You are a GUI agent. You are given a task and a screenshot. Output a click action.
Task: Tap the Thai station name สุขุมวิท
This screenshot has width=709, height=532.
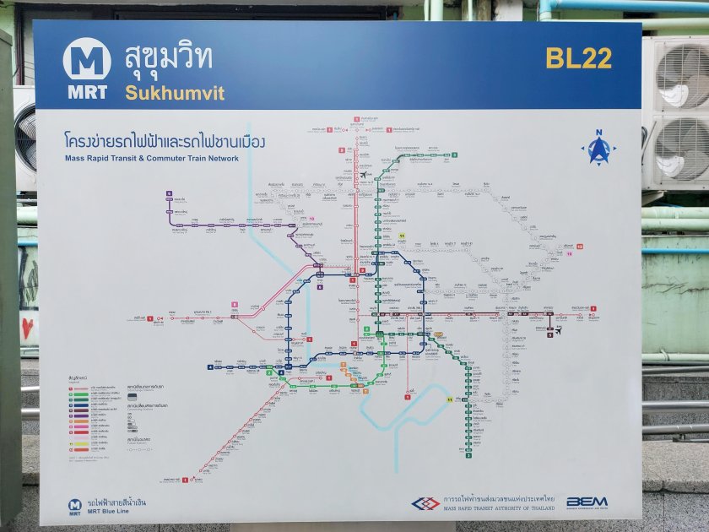(x=169, y=58)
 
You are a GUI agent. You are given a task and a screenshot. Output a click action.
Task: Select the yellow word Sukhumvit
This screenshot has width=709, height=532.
(x=175, y=93)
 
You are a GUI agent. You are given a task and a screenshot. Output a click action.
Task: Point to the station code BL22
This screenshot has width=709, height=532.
(x=578, y=58)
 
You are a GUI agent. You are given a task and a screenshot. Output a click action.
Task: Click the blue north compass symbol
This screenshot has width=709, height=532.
(x=599, y=149)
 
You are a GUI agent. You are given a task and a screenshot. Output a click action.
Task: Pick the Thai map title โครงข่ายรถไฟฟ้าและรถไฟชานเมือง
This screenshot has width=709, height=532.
(x=165, y=142)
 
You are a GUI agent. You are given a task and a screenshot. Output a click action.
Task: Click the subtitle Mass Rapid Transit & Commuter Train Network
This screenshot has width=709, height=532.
(x=152, y=158)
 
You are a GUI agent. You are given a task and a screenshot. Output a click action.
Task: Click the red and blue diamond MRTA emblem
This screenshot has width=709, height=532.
(x=425, y=503)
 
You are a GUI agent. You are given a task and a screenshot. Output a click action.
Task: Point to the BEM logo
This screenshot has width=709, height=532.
(x=587, y=502)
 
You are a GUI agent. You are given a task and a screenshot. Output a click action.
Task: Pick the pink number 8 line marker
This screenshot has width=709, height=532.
(x=235, y=304)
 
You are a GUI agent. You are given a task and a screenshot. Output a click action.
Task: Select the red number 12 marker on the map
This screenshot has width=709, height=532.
(x=580, y=246)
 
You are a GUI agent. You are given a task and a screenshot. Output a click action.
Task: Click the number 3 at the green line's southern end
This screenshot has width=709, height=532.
(x=468, y=453)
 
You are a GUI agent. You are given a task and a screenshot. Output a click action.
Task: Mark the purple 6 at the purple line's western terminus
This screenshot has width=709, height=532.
(x=170, y=194)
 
